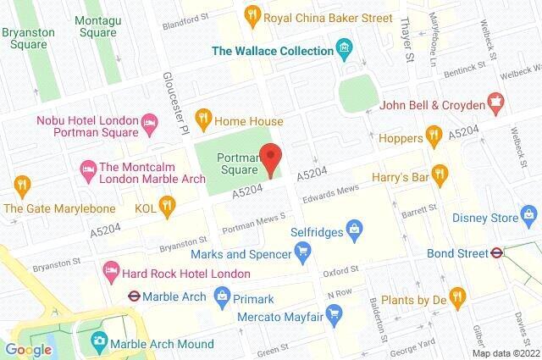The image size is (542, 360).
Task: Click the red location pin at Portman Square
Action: click(270, 158)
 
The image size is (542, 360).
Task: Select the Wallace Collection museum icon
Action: click(344, 46)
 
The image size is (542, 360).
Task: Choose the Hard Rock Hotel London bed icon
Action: click(111, 273)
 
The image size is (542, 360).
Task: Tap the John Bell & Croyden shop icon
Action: click(500, 105)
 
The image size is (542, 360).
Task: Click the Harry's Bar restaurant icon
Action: click(439, 174)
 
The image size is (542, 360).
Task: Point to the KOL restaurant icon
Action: click(168, 203)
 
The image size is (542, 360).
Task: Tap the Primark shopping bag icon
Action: click(223, 296)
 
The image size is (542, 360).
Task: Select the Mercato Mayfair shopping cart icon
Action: click(335, 313)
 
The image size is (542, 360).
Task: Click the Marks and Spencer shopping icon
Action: click(301, 250)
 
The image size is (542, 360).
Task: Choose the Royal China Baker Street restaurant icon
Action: click(252, 14)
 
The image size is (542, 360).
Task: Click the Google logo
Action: click(29, 349)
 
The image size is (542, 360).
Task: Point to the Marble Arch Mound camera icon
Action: click(100, 341)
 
